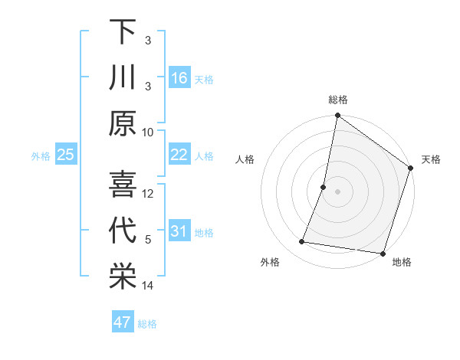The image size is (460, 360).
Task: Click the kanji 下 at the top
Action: [123, 32]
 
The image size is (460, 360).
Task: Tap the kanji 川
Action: [123, 78]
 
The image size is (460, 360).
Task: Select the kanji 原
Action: [123, 125]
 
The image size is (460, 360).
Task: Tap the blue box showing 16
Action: [179, 78]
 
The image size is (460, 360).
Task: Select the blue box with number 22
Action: [179, 155]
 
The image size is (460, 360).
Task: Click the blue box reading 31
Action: [179, 231]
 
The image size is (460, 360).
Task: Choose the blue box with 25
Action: [65, 155]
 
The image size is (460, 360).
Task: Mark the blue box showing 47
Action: [122, 322]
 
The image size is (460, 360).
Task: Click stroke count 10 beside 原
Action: [148, 132]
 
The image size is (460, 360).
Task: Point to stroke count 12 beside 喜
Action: [148, 193]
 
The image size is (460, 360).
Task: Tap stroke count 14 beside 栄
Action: [148, 286]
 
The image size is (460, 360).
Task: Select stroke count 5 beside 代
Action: [148, 240]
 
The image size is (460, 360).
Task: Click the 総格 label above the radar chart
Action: [337, 100]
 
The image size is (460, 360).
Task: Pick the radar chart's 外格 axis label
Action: [270, 262]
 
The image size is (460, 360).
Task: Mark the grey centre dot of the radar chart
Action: [337, 192]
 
